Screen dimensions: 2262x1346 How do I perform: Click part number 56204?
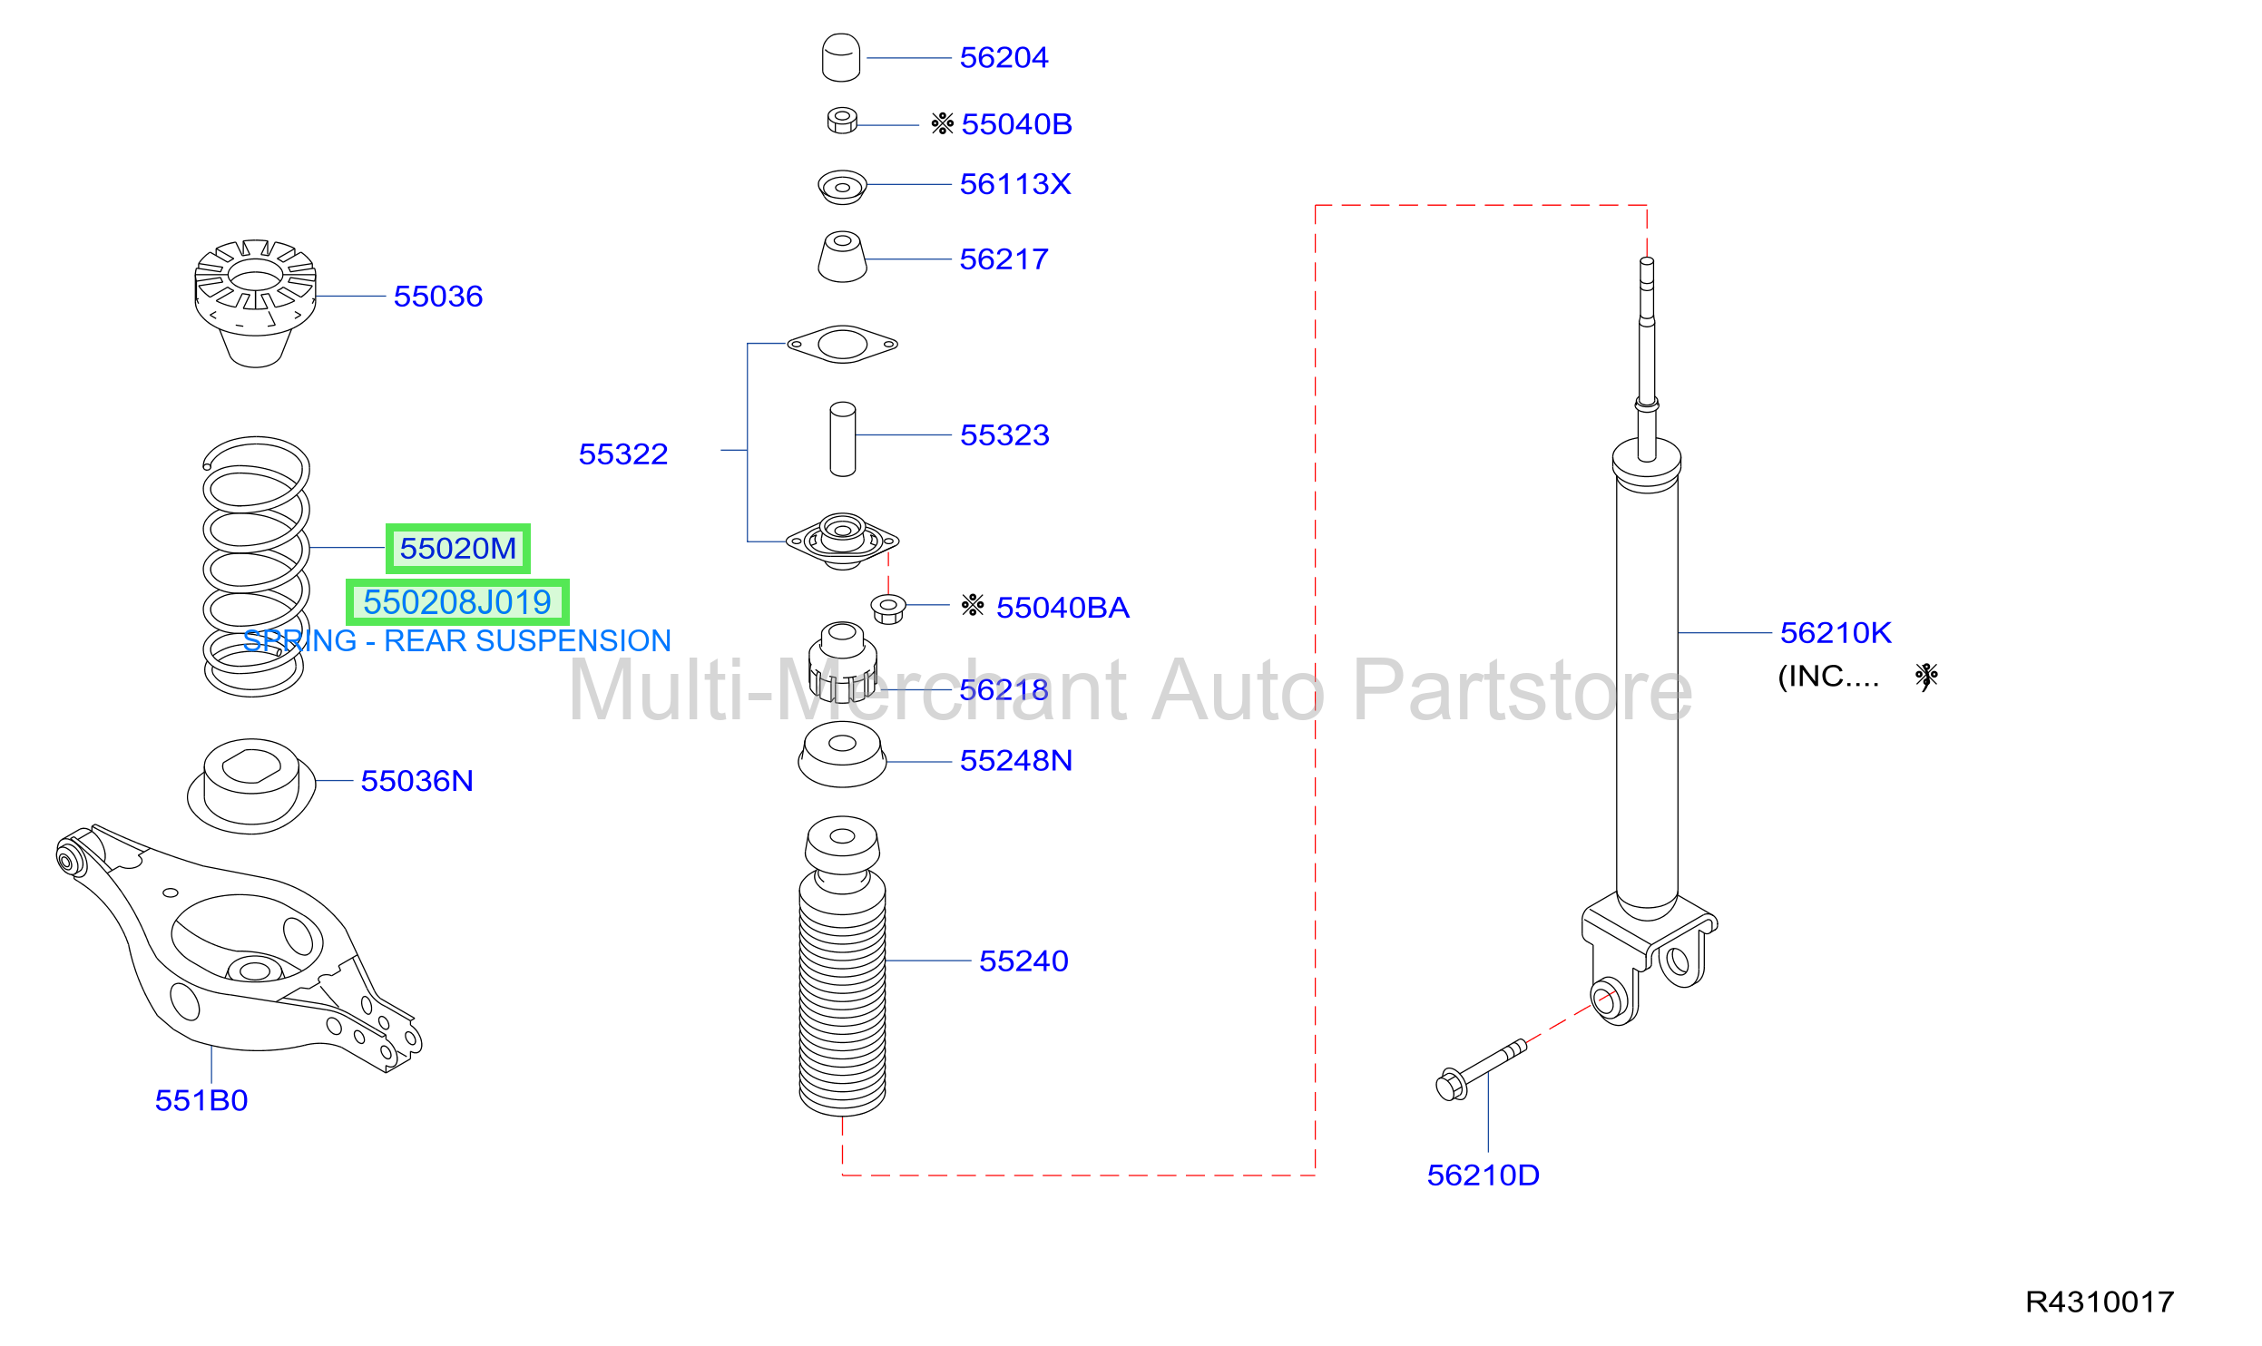[x=1004, y=58]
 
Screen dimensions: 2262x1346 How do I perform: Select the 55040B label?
[x=1016, y=124]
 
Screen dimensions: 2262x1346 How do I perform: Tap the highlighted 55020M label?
[x=458, y=549]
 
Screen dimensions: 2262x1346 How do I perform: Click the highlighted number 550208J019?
[x=457, y=602]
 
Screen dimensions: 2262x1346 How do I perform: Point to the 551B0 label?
[x=201, y=1100]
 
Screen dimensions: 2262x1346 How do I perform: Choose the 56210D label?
[x=1484, y=1175]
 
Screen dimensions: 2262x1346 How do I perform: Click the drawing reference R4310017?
[x=2100, y=1302]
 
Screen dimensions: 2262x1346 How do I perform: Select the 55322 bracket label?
[x=623, y=454]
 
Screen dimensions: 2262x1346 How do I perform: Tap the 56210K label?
[x=1836, y=633]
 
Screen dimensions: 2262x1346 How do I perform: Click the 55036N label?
[x=417, y=781]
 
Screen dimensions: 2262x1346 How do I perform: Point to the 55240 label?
[x=1023, y=961]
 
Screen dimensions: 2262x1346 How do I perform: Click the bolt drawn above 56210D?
[x=1482, y=1070]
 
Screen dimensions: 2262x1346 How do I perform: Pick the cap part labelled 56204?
[x=841, y=58]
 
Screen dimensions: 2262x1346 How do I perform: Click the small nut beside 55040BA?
[x=888, y=609]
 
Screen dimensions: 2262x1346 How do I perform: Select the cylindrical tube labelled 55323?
[x=843, y=439]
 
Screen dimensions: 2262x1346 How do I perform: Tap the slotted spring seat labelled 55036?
[x=256, y=303]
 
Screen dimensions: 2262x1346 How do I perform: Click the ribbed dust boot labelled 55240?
[x=842, y=966]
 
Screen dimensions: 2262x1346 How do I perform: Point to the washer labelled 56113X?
[x=842, y=187]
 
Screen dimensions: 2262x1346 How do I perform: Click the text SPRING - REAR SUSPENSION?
[x=457, y=641]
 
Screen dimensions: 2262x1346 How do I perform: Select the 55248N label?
[x=1016, y=760]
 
